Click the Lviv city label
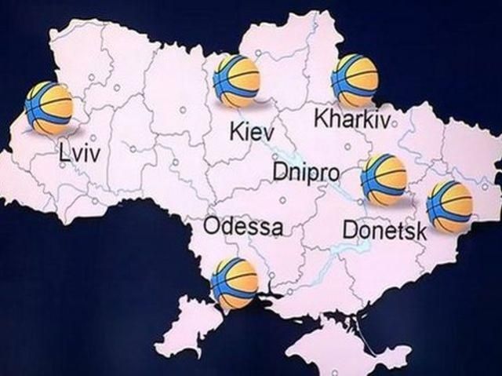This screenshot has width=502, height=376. (80, 152)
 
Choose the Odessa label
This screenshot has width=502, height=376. (242, 227)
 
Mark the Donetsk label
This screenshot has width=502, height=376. (385, 231)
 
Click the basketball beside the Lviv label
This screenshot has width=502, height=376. (49, 107)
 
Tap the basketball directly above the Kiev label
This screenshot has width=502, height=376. (237, 80)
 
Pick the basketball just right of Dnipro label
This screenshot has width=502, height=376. (384, 179)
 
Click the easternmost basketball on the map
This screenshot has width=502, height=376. (449, 206)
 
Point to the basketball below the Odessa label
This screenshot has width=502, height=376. (234, 283)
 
